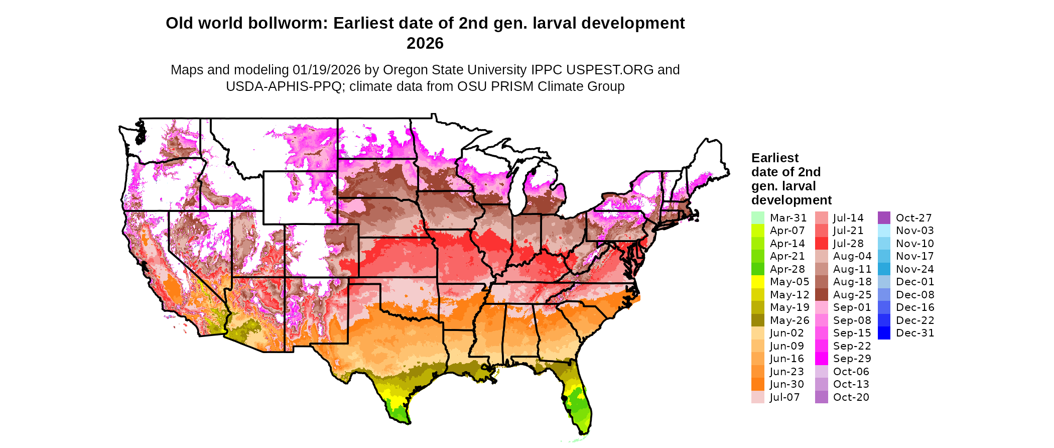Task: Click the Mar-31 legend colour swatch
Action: tap(757, 218)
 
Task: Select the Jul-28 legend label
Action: tap(848, 244)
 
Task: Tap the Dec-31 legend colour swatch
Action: tap(884, 333)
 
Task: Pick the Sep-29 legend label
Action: tap(852, 359)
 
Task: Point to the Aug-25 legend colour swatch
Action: tap(821, 295)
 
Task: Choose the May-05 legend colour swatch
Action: tap(757, 282)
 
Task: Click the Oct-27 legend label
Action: tap(913, 218)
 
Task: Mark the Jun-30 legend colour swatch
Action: tap(757, 384)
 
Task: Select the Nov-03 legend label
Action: tap(914, 231)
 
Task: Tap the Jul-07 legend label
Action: tap(784, 397)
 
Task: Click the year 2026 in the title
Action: tap(425, 43)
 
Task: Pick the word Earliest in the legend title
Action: tap(774, 158)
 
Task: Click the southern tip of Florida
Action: tap(584, 432)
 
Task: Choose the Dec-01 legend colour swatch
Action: tap(884, 282)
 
